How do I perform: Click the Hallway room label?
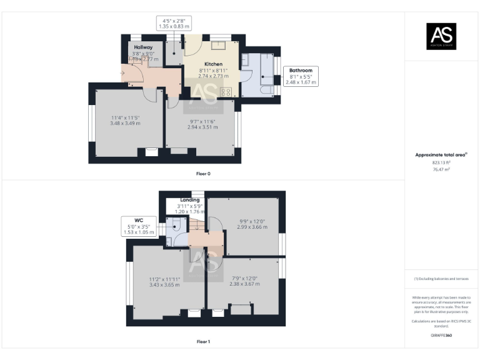pos(144,47)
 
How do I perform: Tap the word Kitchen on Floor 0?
pos(213,64)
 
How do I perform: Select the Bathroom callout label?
pos(301,70)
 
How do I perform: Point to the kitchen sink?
pos(219,45)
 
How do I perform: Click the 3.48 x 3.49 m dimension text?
pos(126,124)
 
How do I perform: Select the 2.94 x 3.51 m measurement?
pos(202,127)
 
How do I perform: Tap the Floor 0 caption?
pos(203,173)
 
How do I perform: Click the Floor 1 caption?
pos(203,342)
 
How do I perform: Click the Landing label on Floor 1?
pos(190,200)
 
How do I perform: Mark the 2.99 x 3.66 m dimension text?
pos(252,227)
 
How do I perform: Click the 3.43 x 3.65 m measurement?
pos(164,284)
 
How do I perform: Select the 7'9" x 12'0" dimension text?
pos(246,278)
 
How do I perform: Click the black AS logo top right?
pos(441,36)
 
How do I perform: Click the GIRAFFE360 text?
pos(441,336)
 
